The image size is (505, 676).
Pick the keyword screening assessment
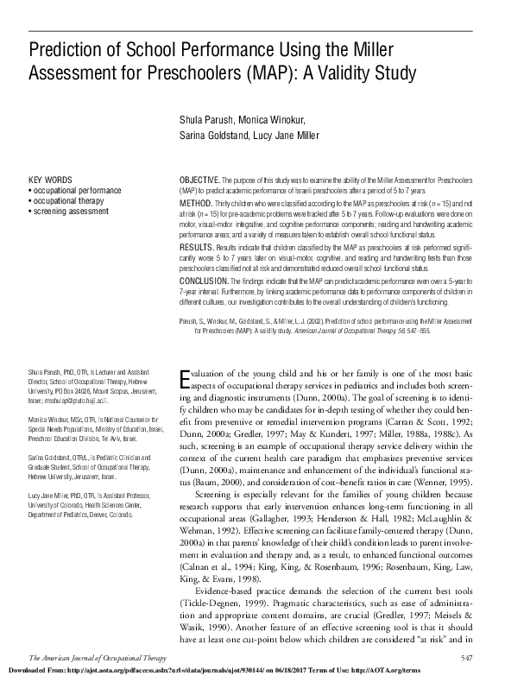point(70,210)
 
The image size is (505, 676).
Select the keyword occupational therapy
point(70,200)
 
